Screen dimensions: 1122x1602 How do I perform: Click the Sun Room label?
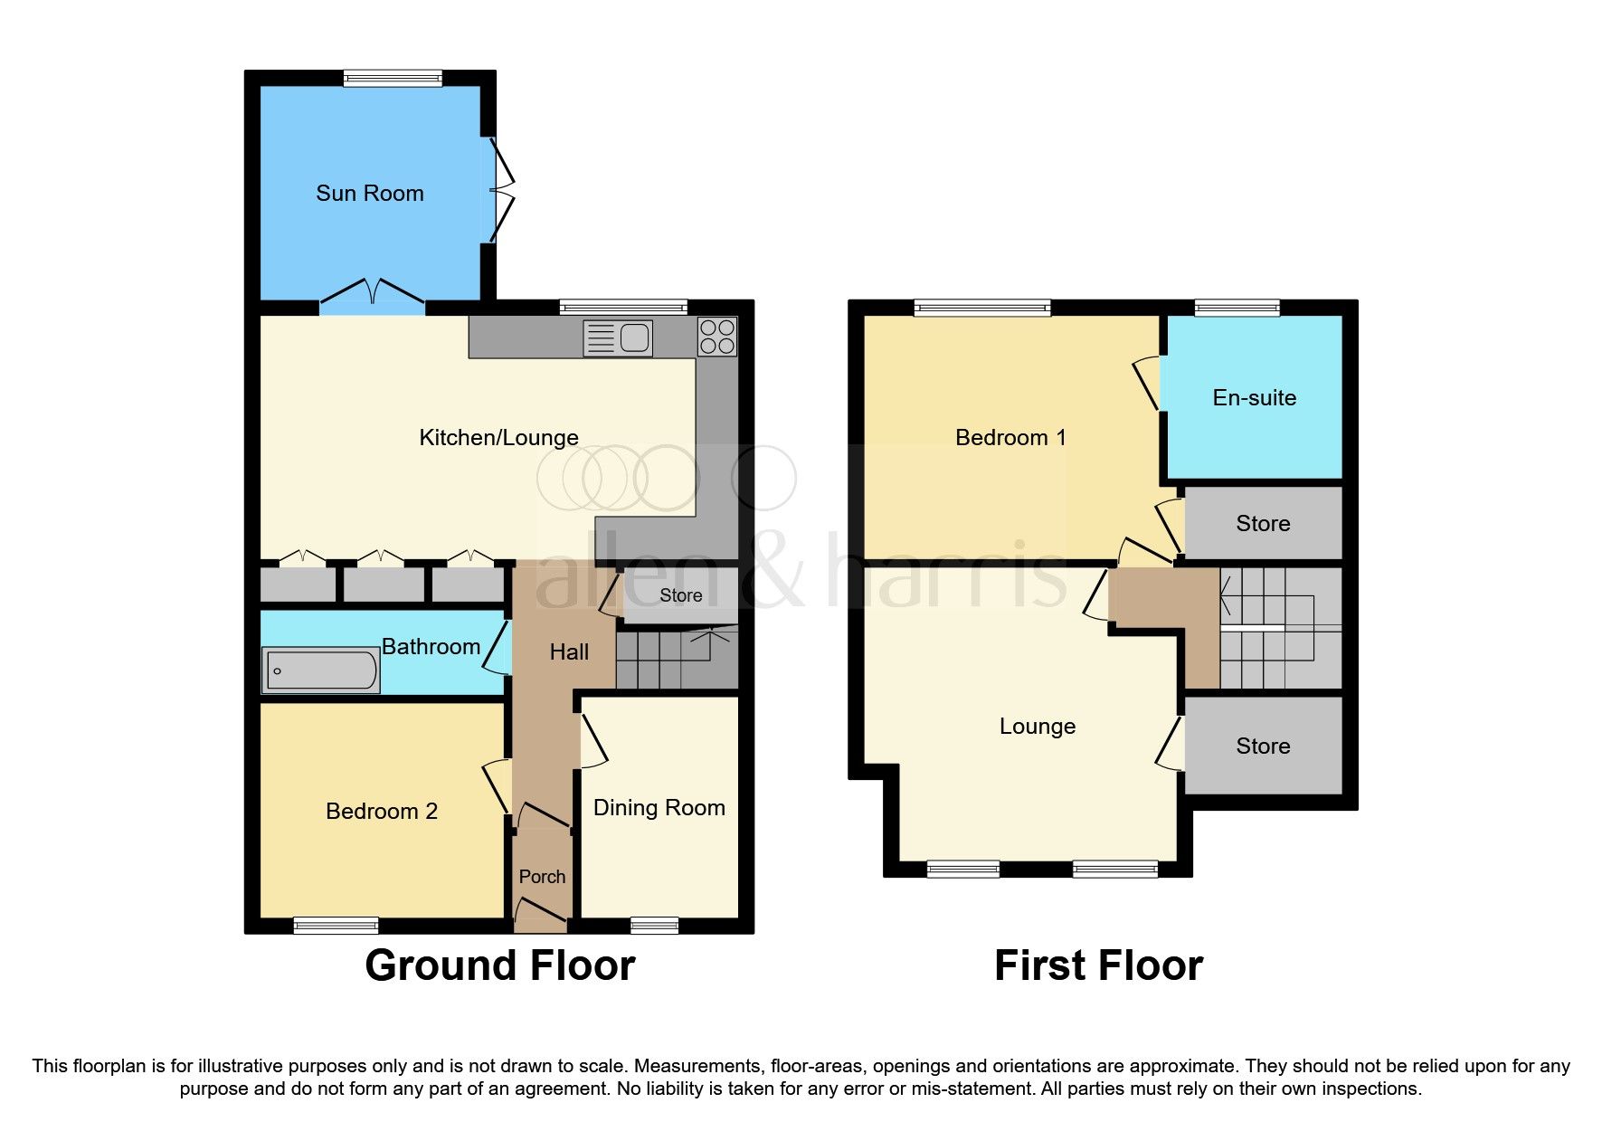(369, 193)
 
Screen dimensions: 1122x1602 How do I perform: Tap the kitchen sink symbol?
(618, 338)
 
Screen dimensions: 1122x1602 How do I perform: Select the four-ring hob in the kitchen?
(717, 337)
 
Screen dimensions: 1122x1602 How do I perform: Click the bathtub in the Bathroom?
(320, 670)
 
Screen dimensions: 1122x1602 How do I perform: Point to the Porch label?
(542, 876)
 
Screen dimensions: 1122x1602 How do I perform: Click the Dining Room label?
(659, 807)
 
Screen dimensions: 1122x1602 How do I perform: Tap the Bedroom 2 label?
(381, 811)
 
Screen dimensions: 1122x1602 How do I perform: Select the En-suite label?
(1254, 397)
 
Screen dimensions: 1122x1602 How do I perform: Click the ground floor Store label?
(680, 594)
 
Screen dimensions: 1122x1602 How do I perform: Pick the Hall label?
(569, 651)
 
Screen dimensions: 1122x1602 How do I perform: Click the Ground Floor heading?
(499, 965)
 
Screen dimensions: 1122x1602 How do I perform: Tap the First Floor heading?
(1098, 965)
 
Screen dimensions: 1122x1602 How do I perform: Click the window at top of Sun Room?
(393, 79)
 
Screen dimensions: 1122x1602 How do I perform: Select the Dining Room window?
(654, 925)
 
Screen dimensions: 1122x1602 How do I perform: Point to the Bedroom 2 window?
(336, 925)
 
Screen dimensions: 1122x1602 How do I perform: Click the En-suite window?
(1237, 309)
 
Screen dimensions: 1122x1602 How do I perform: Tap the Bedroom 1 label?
(1010, 437)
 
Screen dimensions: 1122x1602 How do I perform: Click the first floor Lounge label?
(1037, 726)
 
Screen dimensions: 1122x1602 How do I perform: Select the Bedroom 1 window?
(982, 309)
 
